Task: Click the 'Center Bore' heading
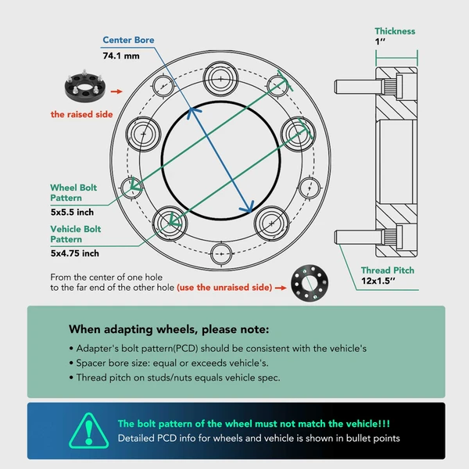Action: point(129,40)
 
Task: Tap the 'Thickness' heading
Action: point(395,32)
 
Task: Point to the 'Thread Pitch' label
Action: point(387,270)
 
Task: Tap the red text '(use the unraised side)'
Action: point(224,288)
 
